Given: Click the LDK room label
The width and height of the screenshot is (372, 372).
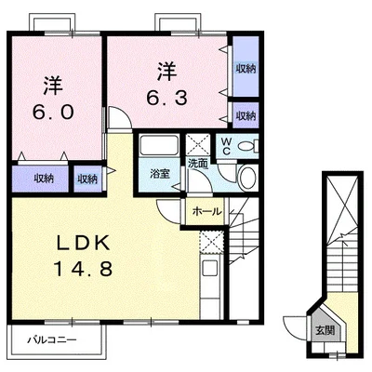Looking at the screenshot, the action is (x=83, y=243).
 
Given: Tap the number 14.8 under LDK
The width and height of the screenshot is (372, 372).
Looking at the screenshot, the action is (x=83, y=269).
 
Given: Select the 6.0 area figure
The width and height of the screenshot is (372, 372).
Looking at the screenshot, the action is (x=53, y=112).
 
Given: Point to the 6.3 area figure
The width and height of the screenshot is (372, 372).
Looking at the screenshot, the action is (x=166, y=98).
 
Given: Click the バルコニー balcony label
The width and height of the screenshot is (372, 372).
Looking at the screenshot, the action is (x=52, y=340).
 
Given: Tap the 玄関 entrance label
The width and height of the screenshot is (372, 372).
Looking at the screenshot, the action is (x=325, y=331).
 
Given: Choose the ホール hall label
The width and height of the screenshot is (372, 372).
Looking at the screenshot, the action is (x=207, y=212).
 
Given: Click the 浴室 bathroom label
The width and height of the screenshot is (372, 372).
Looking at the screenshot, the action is (x=160, y=174).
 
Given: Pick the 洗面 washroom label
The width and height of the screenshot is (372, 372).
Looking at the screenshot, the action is (x=198, y=164).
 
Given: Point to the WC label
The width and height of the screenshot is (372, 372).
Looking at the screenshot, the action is (x=227, y=146).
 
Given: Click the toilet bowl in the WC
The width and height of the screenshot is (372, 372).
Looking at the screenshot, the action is (x=247, y=145).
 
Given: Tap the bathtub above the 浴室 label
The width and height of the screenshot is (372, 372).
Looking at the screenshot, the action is (x=159, y=145).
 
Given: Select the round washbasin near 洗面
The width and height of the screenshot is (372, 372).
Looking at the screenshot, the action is (x=248, y=178).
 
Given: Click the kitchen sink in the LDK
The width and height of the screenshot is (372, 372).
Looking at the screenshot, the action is (x=210, y=268).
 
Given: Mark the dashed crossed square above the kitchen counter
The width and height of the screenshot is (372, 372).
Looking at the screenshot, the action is (x=211, y=242).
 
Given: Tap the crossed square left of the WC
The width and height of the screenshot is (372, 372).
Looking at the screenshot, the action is (x=198, y=145).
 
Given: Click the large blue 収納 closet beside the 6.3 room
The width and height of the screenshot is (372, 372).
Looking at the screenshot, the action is (x=246, y=66).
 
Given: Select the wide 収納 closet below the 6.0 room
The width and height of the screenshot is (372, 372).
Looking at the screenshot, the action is (x=40, y=179).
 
